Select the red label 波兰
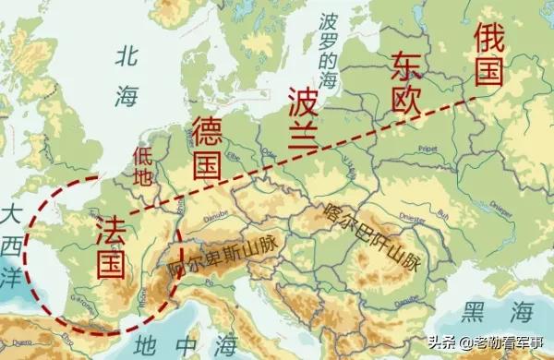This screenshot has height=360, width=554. (302, 116)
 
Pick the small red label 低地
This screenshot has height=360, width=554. (143, 167)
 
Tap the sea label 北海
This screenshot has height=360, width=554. (127, 74)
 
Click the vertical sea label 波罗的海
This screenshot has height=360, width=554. (325, 51)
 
